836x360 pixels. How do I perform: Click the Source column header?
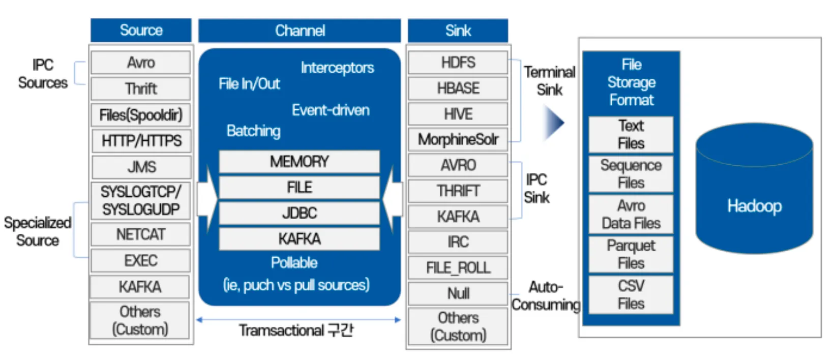[x=141, y=31]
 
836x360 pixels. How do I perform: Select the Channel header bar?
[x=300, y=31]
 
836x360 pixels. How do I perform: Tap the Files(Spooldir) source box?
[x=141, y=115]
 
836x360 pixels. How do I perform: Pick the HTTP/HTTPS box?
[x=141, y=141]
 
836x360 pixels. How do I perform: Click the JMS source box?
[x=141, y=167]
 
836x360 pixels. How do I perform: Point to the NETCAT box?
[x=141, y=234]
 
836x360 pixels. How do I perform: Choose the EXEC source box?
[x=141, y=260]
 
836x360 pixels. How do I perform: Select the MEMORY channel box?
[x=299, y=162]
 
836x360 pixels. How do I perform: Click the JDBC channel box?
[x=299, y=213]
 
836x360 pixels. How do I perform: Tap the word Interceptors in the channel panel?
[x=337, y=68]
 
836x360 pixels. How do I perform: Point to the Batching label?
[x=253, y=131]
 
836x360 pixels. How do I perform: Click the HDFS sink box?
[x=458, y=63]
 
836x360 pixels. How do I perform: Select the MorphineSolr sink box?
[x=458, y=139]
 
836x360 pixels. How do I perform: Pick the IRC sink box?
[x=458, y=242]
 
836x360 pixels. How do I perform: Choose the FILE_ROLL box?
[x=458, y=268]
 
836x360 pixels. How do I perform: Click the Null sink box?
[x=458, y=293]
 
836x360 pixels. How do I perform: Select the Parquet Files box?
[x=631, y=254]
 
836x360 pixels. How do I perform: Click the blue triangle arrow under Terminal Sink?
[x=553, y=123]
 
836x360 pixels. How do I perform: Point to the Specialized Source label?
[x=37, y=231]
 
